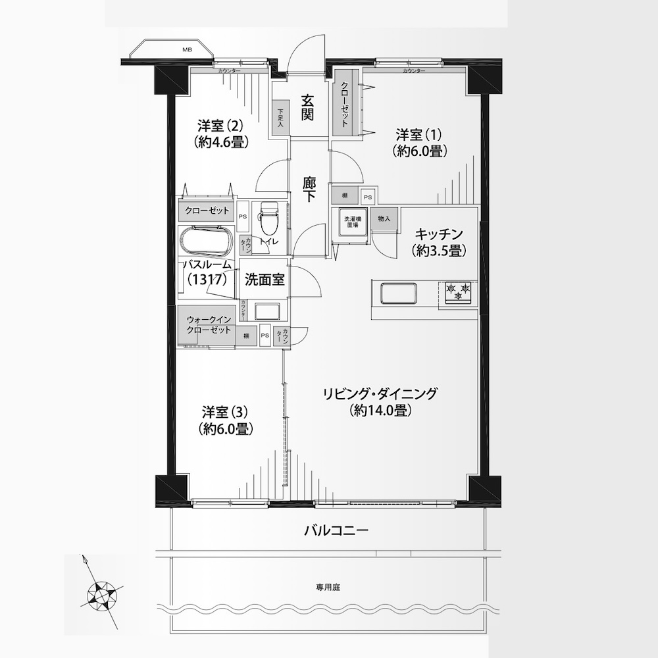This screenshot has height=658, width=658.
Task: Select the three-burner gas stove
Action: pyautogui.click(x=458, y=292)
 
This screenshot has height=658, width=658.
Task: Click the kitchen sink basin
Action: pyautogui.click(x=399, y=293)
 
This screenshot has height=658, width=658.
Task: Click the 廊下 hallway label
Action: pyautogui.click(x=309, y=190)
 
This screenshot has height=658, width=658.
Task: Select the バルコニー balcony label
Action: pyautogui.click(x=336, y=530)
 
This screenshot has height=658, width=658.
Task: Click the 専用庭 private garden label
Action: pyautogui.click(x=328, y=588)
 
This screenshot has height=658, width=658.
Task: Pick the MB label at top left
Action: pyautogui.click(x=187, y=49)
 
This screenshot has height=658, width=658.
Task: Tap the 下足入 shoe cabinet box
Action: pyautogui.click(x=280, y=118)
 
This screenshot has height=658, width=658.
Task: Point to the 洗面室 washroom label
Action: pyautogui.click(x=265, y=280)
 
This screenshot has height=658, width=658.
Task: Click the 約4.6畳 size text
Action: pyautogui.click(x=222, y=142)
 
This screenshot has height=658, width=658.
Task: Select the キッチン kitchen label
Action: pyautogui.click(x=439, y=234)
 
